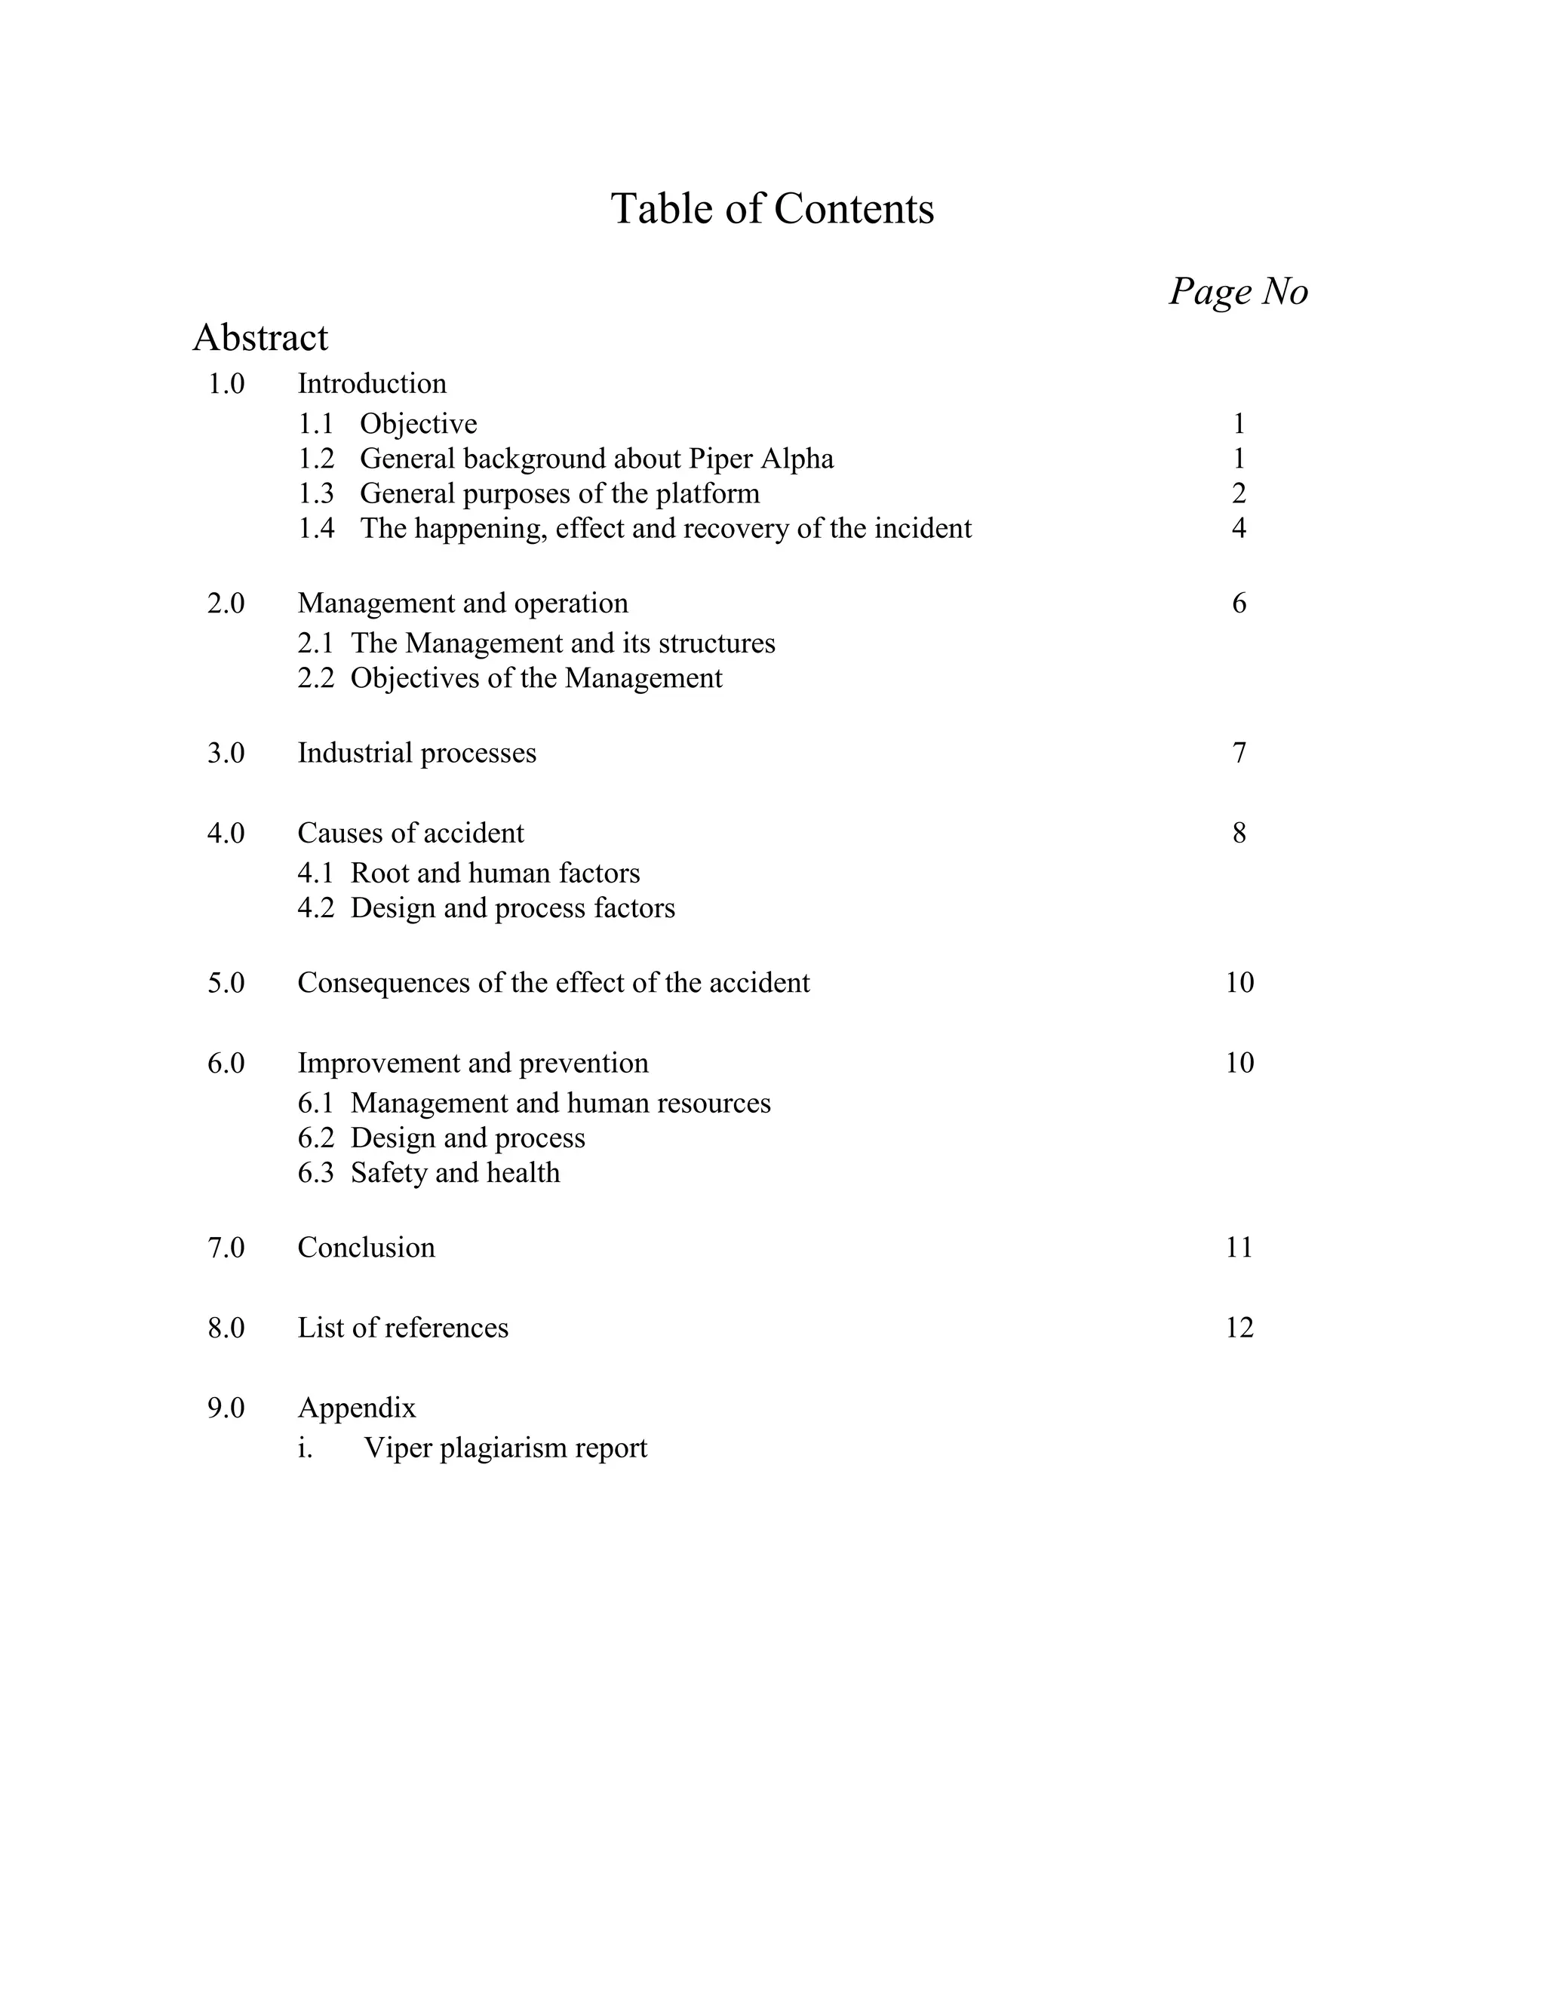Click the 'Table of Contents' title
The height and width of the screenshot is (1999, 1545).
click(x=772, y=209)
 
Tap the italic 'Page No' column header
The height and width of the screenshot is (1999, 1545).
click(x=1239, y=292)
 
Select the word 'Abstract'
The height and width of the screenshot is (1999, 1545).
click(x=260, y=338)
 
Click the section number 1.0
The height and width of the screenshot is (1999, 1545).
click(x=226, y=383)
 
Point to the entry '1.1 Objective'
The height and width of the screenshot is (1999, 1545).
click(x=387, y=424)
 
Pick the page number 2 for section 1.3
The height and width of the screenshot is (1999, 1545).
click(x=1239, y=493)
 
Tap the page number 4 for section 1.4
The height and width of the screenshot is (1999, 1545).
click(x=1239, y=528)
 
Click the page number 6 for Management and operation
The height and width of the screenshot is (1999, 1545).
click(x=1239, y=603)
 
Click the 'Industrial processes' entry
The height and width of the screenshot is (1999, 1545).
click(x=416, y=754)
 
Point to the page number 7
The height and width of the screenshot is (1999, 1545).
click(x=1239, y=754)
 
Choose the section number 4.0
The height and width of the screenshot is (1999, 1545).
click(x=226, y=834)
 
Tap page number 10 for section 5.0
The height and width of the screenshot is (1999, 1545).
click(x=1239, y=983)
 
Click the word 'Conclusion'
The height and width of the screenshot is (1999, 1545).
click(x=366, y=1248)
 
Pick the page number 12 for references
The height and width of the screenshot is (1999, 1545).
click(x=1239, y=1328)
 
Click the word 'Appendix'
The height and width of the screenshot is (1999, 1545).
click(x=357, y=1408)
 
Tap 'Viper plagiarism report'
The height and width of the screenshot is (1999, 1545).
click(x=505, y=1448)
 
